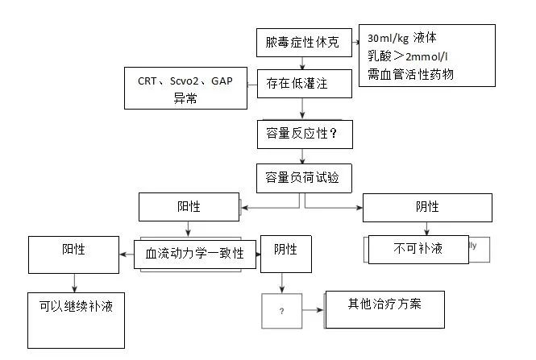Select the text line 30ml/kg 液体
coord(403,39)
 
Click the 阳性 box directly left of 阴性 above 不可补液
coord(190,207)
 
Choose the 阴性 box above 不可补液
coord(427,207)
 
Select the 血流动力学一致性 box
coord(196,253)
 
